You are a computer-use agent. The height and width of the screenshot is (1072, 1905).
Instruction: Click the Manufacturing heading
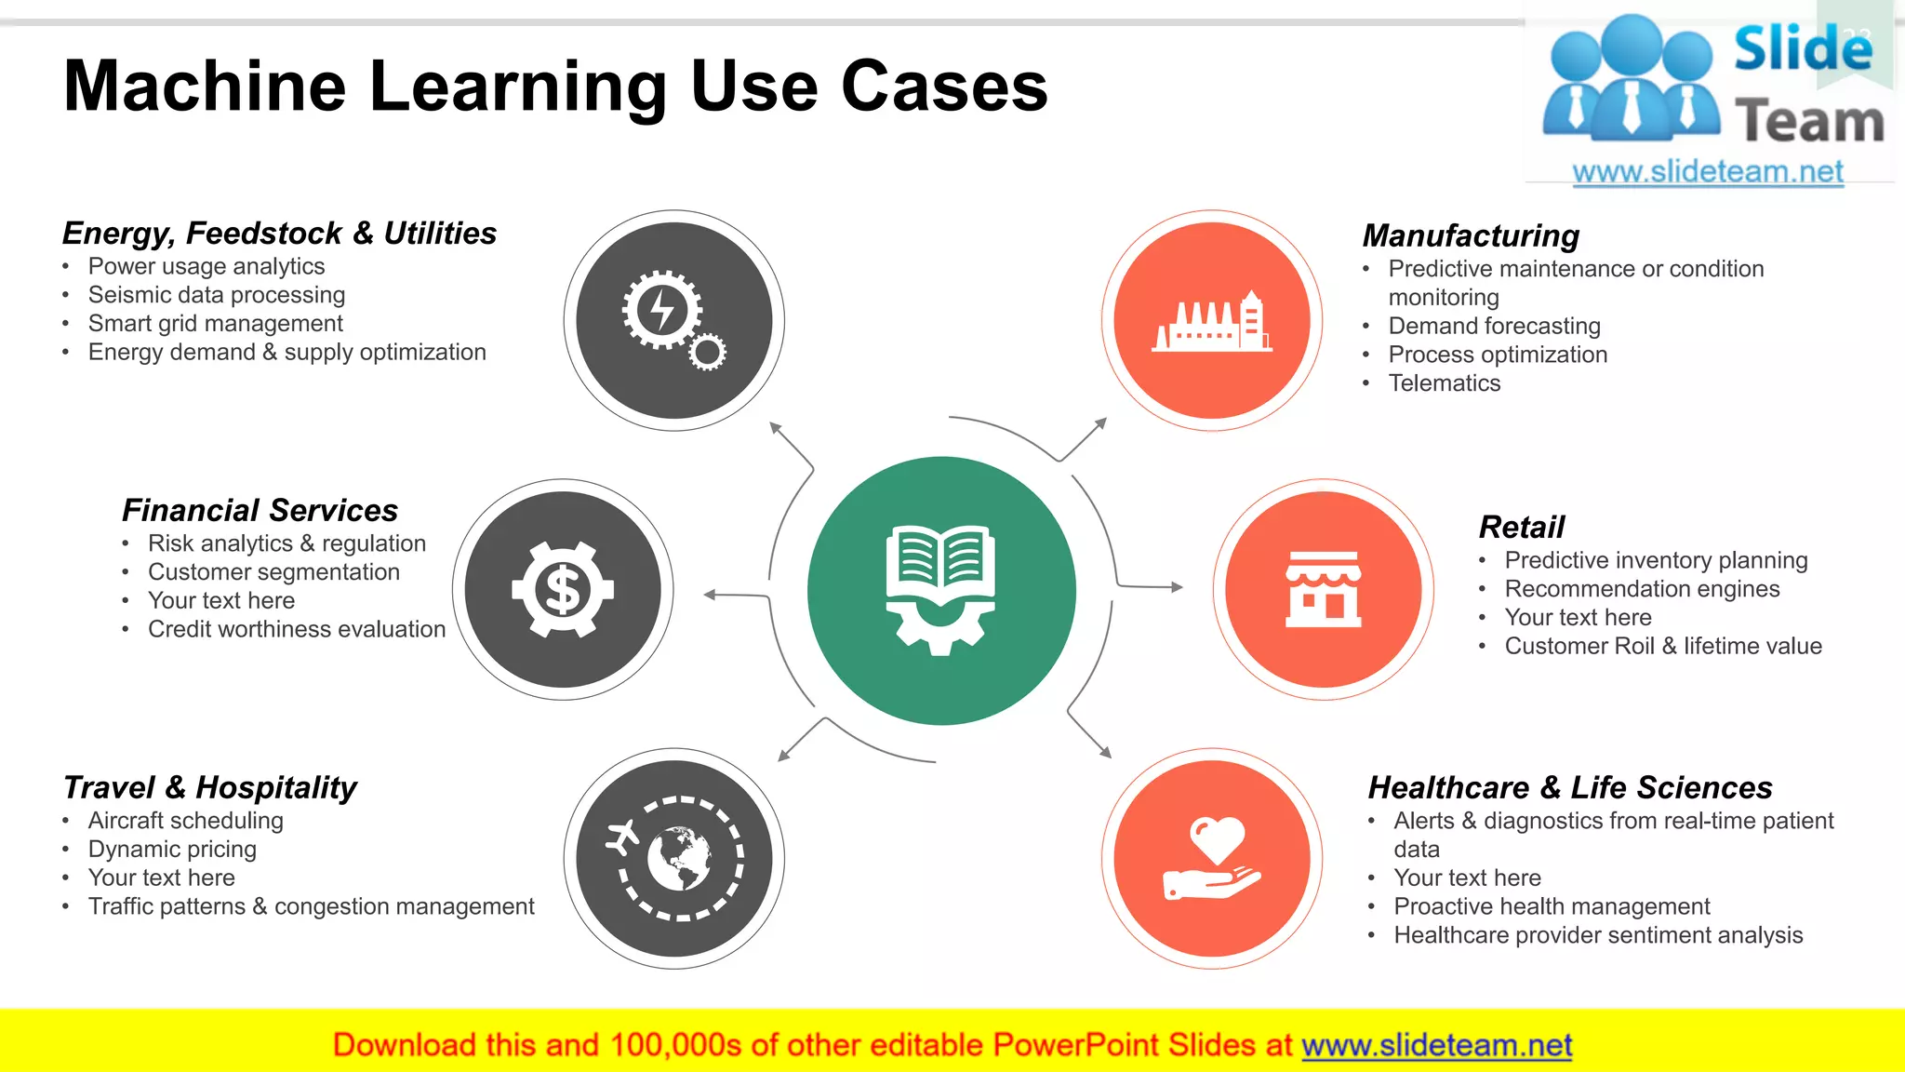[1471, 235]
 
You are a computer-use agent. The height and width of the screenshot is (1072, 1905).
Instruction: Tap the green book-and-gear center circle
[941, 590]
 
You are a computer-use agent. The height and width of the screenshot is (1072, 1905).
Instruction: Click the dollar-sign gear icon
[563, 589]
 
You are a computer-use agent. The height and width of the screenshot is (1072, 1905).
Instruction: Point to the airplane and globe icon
[674, 858]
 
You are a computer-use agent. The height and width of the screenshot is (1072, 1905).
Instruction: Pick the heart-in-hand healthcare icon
[1212, 858]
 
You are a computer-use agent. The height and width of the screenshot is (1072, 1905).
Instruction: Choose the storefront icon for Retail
[1323, 589]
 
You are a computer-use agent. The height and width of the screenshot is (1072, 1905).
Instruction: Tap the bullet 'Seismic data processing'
[217, 295]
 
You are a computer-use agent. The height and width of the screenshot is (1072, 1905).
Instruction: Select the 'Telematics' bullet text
[1445, 383]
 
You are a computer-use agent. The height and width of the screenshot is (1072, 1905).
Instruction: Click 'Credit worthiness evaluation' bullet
[297, 629]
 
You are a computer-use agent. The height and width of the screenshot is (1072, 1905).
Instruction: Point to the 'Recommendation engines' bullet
[1642, 589]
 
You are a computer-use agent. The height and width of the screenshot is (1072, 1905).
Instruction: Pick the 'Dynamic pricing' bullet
[172, 850]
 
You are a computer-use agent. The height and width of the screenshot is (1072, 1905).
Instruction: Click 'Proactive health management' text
[1552, 906]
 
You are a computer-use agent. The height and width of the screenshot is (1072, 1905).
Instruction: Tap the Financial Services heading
[260, 510]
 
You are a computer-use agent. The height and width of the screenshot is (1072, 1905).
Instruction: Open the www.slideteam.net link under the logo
[1708, 172]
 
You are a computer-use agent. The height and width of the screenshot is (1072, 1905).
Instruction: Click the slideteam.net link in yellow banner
[1436, 1045]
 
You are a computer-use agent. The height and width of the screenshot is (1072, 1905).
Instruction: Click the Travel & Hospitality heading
[209, 787]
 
